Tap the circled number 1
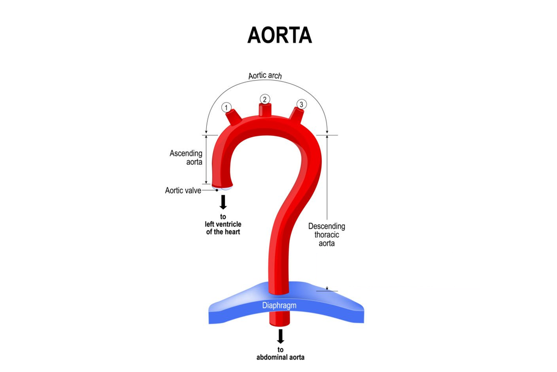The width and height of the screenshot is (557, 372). pos(226,107)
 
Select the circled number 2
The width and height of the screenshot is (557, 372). pos(265,99)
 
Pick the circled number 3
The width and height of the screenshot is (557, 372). pos(302,104)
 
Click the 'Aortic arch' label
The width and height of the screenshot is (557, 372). pos(265,76)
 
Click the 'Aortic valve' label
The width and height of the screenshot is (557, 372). pos(183,191)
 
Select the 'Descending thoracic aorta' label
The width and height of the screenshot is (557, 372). pos(326,234)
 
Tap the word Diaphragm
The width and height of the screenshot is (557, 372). pos(279,305)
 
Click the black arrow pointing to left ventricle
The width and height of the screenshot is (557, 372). pos(223,202)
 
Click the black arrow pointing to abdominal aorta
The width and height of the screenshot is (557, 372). pos(281,336)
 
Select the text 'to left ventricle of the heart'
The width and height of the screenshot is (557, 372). pos(223,224)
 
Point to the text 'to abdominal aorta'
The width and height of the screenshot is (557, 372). pos(281,353)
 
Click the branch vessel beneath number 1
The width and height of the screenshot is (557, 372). pos(233,117)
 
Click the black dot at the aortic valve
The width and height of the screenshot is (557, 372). pos(217,191)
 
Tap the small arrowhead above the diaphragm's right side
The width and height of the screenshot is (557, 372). pos(327,288)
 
